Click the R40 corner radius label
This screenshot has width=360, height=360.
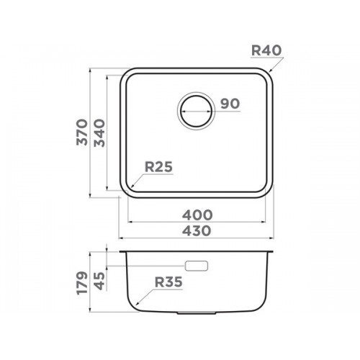266,50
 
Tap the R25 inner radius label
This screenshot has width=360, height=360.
158,167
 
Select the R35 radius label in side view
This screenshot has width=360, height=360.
168,282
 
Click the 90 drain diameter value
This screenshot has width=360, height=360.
230,104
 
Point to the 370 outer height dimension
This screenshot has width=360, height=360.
82,132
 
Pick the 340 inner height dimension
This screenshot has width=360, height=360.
99,133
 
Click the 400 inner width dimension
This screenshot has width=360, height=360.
197,215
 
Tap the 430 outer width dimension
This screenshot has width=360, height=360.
197,231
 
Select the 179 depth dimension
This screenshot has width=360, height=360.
81,283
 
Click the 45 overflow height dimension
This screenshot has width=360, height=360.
99,281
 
